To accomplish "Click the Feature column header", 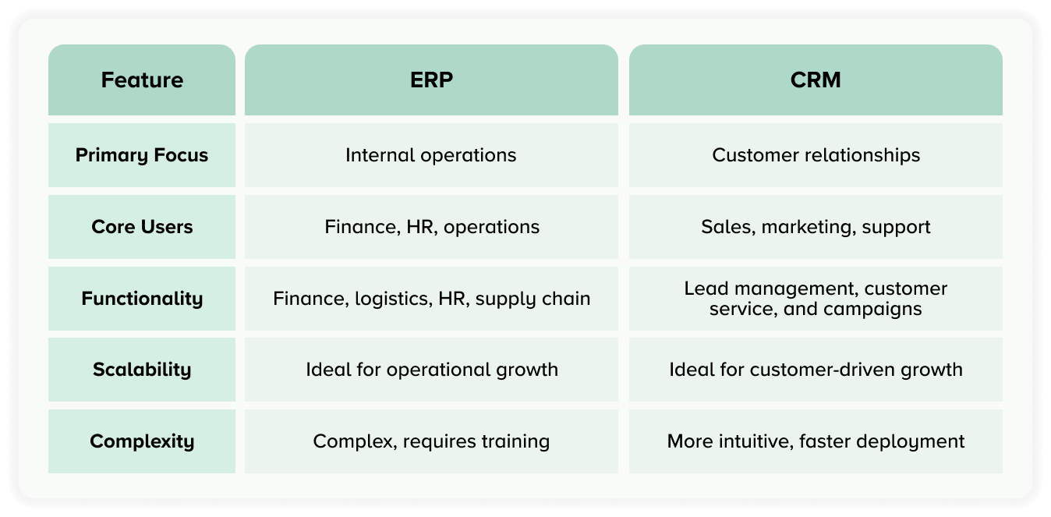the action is (142, 80).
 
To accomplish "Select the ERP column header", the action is (431, 80).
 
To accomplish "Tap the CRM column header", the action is (816, 80).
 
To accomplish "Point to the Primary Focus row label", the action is (142, 155).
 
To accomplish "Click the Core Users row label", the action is (142, 227).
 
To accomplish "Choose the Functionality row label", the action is (142, 299).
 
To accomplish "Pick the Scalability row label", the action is (142, 370).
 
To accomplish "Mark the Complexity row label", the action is (142, 441).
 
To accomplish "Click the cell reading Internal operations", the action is (430, 155).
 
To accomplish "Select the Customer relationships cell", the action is (816, 155).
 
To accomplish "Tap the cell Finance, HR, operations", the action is (432, 227).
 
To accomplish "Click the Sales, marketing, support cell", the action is (816, 227).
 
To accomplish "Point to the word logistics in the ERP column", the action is (394, 299).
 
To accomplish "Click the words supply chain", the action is (533, 299).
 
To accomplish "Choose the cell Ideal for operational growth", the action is (432, 370).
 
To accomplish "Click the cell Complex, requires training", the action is (431, 441).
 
